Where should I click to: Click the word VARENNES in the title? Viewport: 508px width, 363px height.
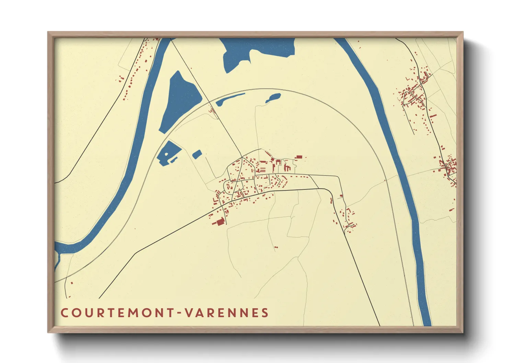(227, 313)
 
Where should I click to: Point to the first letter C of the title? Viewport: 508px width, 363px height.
(64, 313)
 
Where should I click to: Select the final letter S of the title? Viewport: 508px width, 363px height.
(265, 313)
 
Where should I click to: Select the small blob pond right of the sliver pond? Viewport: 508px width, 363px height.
(273, 98)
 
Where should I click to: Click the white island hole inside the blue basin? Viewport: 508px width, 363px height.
(167, 154)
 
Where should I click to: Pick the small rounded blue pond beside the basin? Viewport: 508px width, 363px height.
(197, 154)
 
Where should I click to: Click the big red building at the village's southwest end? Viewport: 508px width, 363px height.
(219, 222)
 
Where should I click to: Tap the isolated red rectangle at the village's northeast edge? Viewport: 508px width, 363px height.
(299, 157)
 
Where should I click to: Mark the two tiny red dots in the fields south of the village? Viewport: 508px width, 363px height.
(276, 247)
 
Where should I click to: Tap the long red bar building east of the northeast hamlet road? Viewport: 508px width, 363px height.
(433, 116)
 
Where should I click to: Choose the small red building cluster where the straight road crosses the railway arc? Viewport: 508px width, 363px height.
(212, 110)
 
